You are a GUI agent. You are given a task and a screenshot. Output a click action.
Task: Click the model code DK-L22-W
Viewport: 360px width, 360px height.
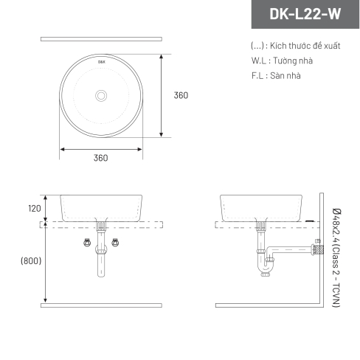coord(305,14)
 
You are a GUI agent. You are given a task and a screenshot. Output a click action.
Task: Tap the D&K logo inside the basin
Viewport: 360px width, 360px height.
coord(102,62)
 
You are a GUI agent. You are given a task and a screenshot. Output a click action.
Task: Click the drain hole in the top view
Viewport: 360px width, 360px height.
coord(101,96)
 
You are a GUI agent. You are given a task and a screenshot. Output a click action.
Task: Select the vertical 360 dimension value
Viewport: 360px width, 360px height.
coord(181,95)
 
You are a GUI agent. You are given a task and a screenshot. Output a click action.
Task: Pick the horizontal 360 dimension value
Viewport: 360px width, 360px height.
coord(101,158)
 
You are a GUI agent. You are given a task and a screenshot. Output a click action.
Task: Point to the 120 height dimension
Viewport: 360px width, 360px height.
coord(35,209)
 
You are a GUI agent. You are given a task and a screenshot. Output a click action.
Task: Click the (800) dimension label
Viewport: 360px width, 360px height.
coord(31,260)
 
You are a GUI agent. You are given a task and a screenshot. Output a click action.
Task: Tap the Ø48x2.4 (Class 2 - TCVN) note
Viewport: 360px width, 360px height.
coord(336,257)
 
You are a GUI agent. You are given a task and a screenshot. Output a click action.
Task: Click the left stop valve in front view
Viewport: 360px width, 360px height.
coord(87,243)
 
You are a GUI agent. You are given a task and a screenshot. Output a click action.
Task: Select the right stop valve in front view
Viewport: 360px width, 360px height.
coord(115,243)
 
